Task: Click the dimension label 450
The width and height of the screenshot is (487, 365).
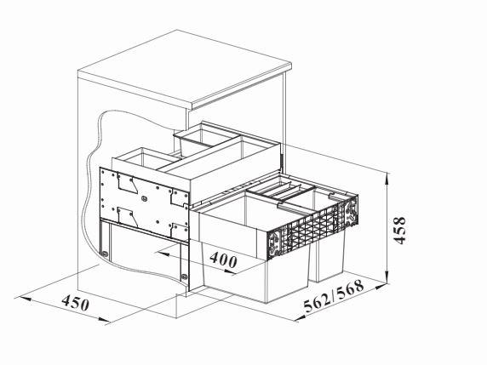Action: click(x=76, y=303)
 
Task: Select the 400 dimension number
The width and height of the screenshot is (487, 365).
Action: click(x=224, y=259)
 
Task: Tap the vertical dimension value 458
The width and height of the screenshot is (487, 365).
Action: click(x=399, y=231)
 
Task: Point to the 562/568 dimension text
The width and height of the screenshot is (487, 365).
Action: click(x=334, y=296)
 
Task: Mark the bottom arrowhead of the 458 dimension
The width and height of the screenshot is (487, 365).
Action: click(x=387, y=278)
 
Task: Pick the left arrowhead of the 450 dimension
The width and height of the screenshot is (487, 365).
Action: click(x=22, y=299)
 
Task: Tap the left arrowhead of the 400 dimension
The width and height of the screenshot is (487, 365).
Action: click(x=162, y=254)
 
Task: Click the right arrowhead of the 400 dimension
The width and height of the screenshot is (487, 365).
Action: click(x=230, y=272)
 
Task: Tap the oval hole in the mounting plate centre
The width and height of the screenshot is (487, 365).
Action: click(x=144, y=198)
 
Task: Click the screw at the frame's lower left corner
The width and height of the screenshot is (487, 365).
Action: click(x=106, y=254)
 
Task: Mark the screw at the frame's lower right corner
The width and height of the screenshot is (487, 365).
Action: click(x=184, y=276)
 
